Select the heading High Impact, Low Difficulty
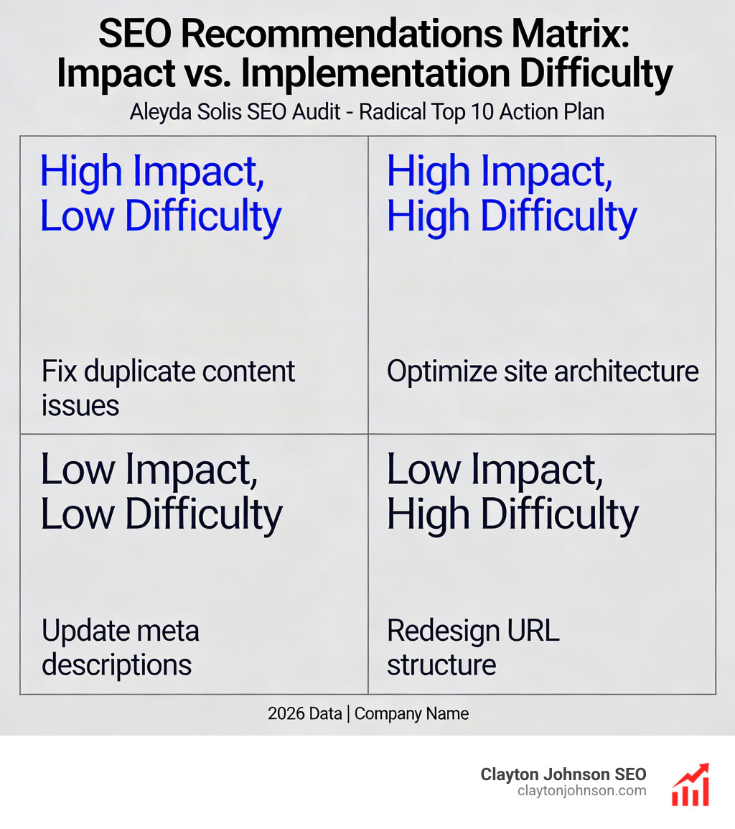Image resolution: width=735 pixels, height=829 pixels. tap(161, 194)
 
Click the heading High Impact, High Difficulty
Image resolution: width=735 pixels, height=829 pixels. tap(511, 194)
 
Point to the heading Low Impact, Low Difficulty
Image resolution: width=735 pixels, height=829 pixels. tap(161, 491)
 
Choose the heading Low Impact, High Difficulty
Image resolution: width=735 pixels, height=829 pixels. tap(511, 491)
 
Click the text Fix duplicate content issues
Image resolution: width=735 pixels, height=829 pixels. tap(168, 388)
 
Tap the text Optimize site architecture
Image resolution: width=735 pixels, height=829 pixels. tap(542, 371)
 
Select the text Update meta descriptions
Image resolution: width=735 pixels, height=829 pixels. tap(120, 647)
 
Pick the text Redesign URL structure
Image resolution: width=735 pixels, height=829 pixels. tap(472, 647)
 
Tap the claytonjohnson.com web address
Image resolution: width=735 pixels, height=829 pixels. tap(581, 791)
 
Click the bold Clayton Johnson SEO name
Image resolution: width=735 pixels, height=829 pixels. tap(563, 774)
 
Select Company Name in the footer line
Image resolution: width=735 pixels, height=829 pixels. tap(411, 713)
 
